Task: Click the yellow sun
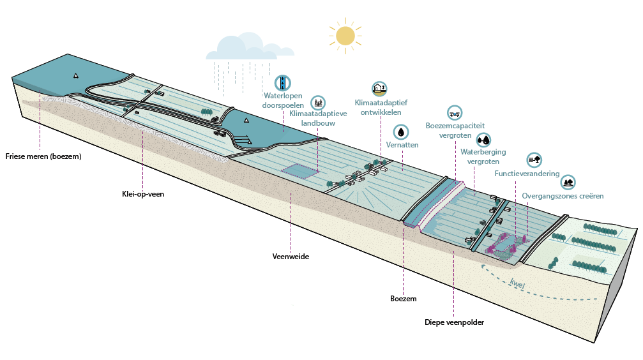pyautogui.click(x=345, y=36)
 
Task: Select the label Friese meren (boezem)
pyautogui.click(x=43, y=156)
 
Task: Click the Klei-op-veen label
pyautogui.click(x=143, y=194)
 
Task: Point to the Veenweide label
pyautogui.click(x=291, y=256)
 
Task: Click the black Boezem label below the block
pyautogui.click(x=403, y=299)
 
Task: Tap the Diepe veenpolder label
pyautogui.click(x=454, y=322)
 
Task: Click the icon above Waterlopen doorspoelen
pyautogui.click(x=282, y=83)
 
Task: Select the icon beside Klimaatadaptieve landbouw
pyautogui.click(x=318, y=103)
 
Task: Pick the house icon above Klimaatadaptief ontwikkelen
pyautogui.click(x=379, y=89)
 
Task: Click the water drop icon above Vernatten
pyautogui.click(x=400, y=132)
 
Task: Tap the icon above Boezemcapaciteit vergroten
pyautogui.click(x=455, y=113)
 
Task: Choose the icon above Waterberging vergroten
pyautogui.click(x=483, y=140)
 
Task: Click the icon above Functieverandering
pyautogui.click(x=534, y=160)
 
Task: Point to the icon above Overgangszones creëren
pyautogui.click(x=568, y=182)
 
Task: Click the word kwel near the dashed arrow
pyautogui.click(x=517, y=283)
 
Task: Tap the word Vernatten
pyautogui.click(x=402, y=145)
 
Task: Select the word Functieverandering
pyautogui.click(x=527, y=174)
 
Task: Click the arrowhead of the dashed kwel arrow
pyautogui.click(x=483, y=267)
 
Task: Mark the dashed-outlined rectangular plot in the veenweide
pyautogui.click(x=300, y=171)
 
